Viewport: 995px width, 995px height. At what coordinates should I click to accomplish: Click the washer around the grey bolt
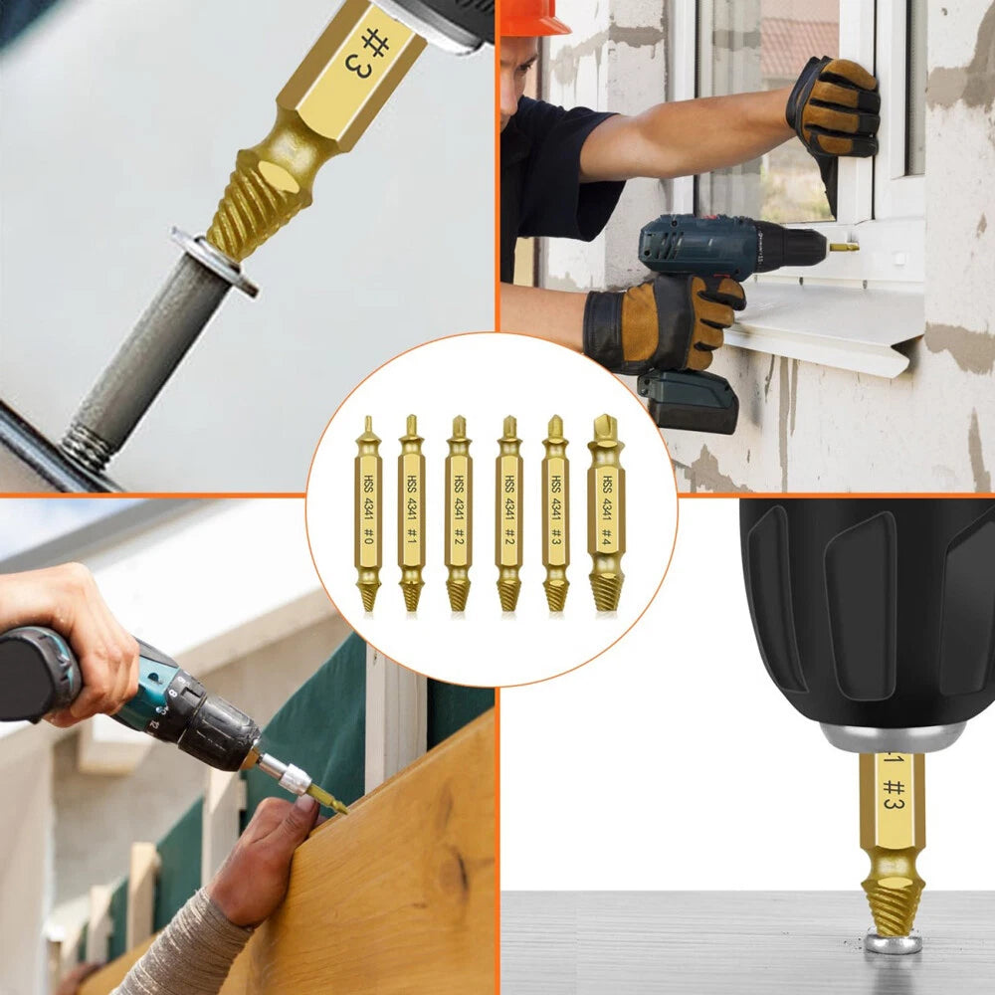[x=215, y=262]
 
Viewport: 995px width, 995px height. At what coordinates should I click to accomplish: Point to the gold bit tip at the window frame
[x=844, y=246]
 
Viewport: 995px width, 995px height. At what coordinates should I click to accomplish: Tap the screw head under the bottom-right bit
[x=892, y=941]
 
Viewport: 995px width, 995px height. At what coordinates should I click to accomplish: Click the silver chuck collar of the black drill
[x=892, y=737]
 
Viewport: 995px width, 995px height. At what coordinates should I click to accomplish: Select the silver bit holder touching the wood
[x=289, y=775]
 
